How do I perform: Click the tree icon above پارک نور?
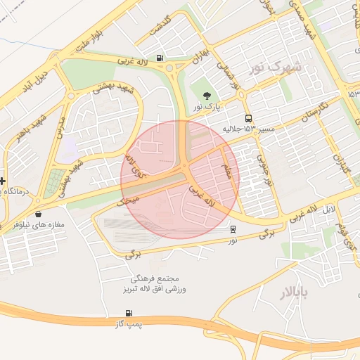207,96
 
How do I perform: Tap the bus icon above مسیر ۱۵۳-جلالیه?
248,119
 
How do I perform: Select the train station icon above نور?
233,229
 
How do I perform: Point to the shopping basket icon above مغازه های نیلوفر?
37,214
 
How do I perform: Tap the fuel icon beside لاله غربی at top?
161,58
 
